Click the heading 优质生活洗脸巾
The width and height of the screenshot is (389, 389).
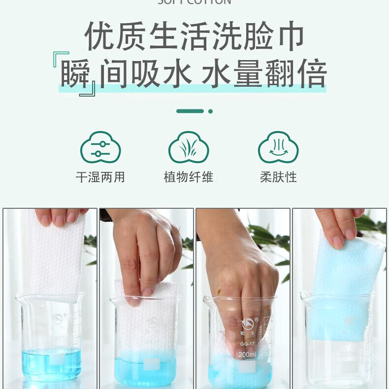[194, 36]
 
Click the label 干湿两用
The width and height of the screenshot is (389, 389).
[100, 177]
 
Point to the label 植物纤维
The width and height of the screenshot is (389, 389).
[189, 177]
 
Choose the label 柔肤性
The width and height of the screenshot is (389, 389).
[278, 177]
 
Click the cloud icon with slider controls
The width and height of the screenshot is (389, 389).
[100, 147]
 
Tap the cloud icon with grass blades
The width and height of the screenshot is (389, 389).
[189, 147]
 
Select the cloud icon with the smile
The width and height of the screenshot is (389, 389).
[278, 147]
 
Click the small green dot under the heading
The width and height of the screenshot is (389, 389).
[211, 111]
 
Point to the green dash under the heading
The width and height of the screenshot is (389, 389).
[190, 111]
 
